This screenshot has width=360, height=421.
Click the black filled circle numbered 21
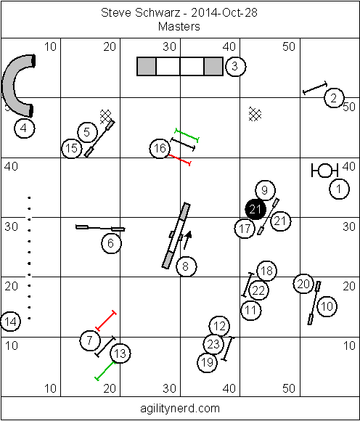click(255, 209)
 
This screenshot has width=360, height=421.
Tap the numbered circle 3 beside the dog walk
click(235, 66)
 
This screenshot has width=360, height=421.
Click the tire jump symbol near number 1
click(324, 171)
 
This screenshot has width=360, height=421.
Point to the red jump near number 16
click(179, 160)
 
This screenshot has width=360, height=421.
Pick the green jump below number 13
click(105, 371)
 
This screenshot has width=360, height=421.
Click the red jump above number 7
click(106, 320)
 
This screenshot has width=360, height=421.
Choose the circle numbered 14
click(10, 322)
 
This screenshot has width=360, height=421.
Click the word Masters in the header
click(179, 27)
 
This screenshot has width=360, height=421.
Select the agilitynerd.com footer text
click(180, 409)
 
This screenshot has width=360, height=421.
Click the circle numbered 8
click(186, 266)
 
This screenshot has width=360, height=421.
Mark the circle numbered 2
click(334, 98)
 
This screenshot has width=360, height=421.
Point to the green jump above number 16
click(187, 135)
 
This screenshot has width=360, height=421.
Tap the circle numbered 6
click(111, 243)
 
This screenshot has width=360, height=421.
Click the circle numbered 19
click(208, 362)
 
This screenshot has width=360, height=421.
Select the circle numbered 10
click(327, 306)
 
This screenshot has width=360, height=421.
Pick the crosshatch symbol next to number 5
click(105, 117)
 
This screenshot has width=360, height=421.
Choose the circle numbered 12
click(219, 326)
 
